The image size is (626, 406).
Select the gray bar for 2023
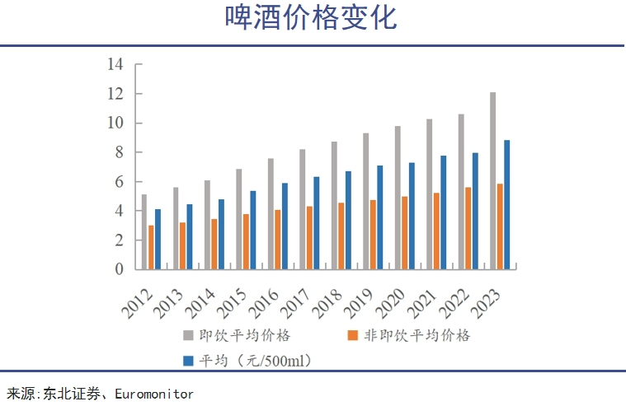(492, 180)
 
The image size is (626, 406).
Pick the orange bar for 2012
(151, 247)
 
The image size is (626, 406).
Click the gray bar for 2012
(144, 231)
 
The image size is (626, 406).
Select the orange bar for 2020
(405, 232)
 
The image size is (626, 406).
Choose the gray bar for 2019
(365, 201)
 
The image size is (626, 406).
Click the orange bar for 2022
(468, 228)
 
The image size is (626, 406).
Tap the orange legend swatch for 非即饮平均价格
(352, 336)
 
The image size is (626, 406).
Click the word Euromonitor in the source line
(157, 394)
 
